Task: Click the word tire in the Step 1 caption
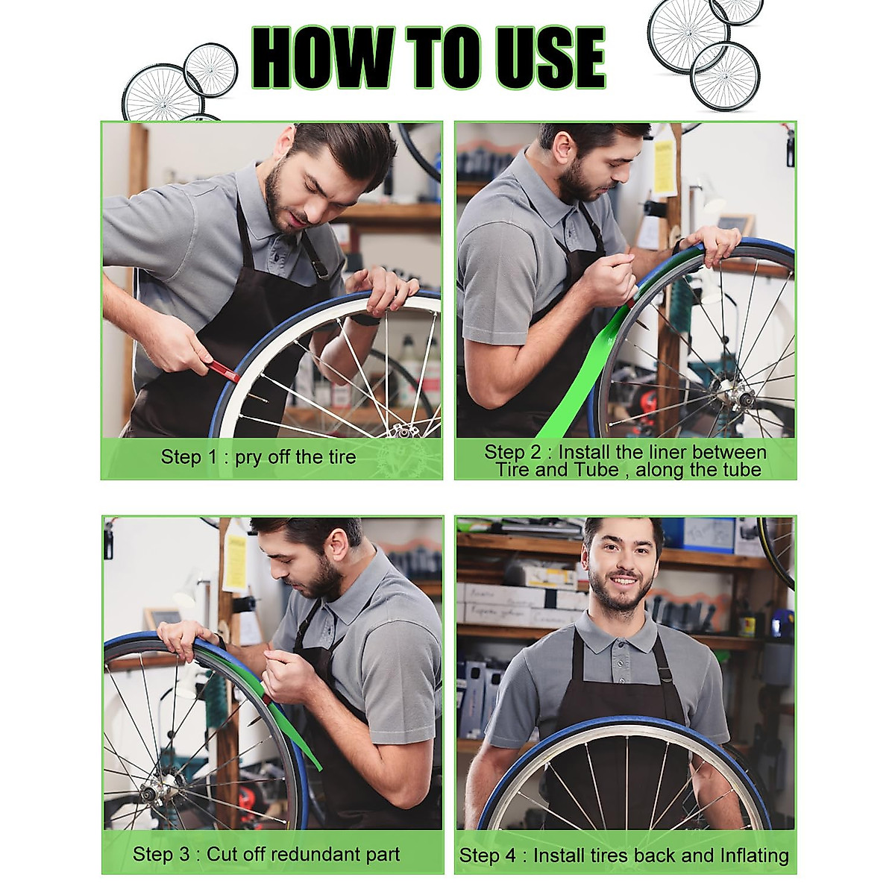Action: click(x=336, y=457)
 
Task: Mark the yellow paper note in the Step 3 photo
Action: click(x=236, y=562)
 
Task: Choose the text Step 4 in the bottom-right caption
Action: click(x=486, y=855)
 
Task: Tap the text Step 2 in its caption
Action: click(x=514, y=452)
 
